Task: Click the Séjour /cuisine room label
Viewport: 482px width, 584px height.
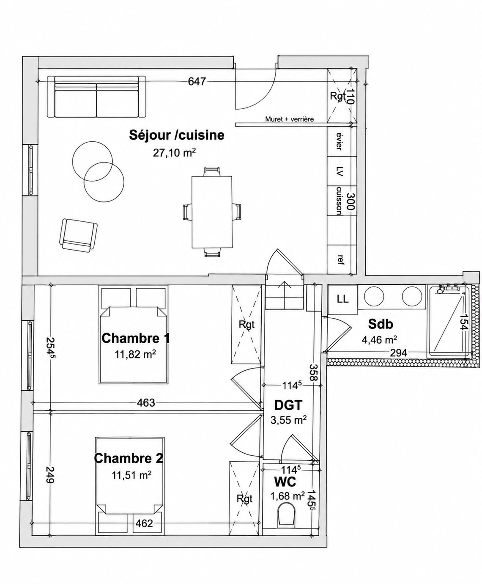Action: pyautogui.click(x=177, y=135)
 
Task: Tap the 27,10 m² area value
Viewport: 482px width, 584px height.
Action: pyautogui.click(x=174, y=153)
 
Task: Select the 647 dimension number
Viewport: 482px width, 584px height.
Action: pyautogui.click(x=197, y=81)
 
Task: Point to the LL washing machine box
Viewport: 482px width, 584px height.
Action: pyautogui.click(x=343, y=299)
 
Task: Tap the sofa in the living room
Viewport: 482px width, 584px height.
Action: pyautogui.click(x=96, y=96)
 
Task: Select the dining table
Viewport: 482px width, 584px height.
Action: pyautogui.click(x=212, y=212)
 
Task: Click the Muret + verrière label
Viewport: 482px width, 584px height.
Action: pyautogui.click(x=290, y=119)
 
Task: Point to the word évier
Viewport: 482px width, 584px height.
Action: pyautogui.click(x=339, y=141)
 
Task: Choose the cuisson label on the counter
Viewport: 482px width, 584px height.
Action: pyautogui.click(x=339, y=201)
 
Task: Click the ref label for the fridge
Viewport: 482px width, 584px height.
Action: pyautogui.click(x=340, y=259)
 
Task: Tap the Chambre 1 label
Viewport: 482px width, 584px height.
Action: pyautogui.click(x=136, y=338)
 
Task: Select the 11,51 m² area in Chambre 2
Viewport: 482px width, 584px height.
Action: pyautogui.click(x=132, y=475)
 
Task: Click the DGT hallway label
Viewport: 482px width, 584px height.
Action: pyautogui.click(x=288, y=405)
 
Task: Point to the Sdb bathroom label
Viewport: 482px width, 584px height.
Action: pyautogui.click(x=381, y=324)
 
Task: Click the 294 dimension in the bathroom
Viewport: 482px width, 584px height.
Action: pyautogui.click(x=398, y=353)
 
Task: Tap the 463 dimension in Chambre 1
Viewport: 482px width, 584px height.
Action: pyautogui.click(x=146, y=403)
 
